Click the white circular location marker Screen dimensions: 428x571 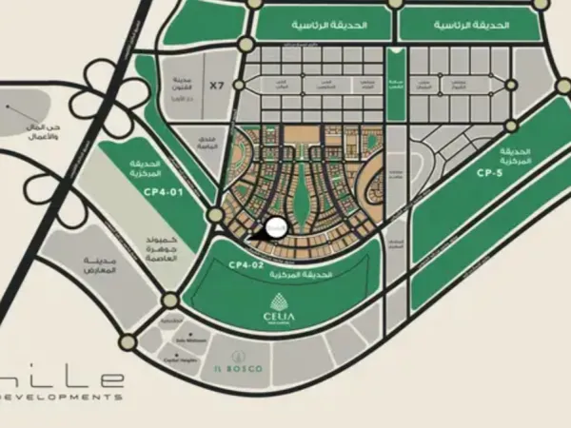[276, 228]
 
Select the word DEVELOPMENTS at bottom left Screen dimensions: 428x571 [61, 395]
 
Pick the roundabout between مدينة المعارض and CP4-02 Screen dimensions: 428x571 [169, 302]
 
